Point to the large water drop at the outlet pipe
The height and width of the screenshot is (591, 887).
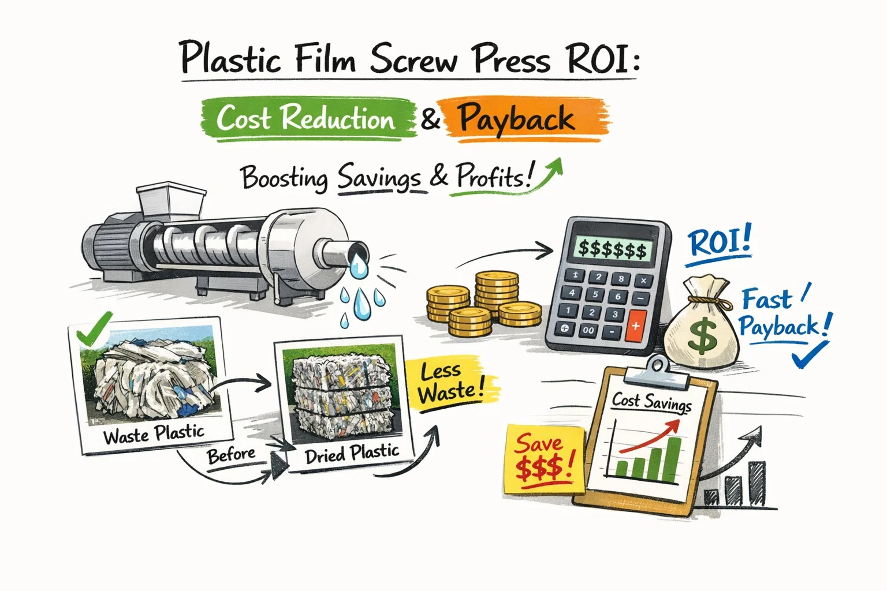(359, 267)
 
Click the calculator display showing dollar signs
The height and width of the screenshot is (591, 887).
(613, 249)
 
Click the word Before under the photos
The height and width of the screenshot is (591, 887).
(231, 455)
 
